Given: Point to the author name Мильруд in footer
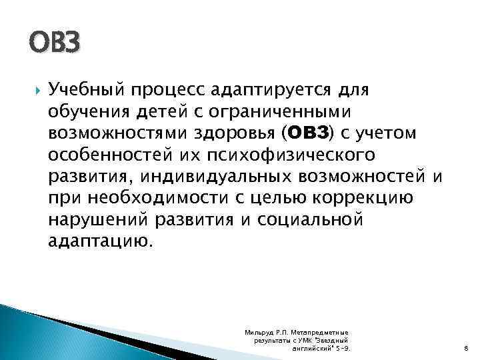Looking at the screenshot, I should point(259,332).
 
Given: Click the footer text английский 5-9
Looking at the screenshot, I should point(321,348).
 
